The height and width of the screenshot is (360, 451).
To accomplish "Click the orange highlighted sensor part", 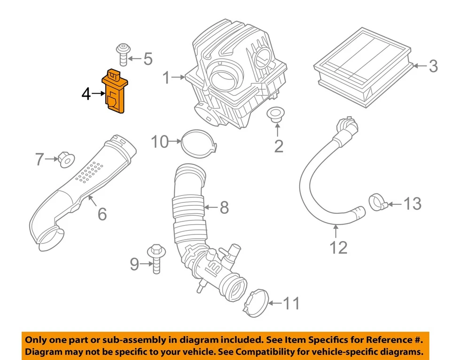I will (114, 92).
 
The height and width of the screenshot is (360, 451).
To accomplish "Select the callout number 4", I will (86, 94).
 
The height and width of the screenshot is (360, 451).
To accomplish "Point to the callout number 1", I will (166, 78).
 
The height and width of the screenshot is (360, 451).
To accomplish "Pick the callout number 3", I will (432, 66).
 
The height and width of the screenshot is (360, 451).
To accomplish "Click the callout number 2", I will (279, 146).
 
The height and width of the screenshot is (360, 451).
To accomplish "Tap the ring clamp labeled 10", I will (197, 142).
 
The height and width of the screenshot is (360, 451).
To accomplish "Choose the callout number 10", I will (160, 141).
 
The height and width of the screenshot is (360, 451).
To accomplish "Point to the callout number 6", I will (102, 214).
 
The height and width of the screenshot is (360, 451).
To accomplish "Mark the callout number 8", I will (224, 207).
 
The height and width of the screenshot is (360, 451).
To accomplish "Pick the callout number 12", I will (338, 247).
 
